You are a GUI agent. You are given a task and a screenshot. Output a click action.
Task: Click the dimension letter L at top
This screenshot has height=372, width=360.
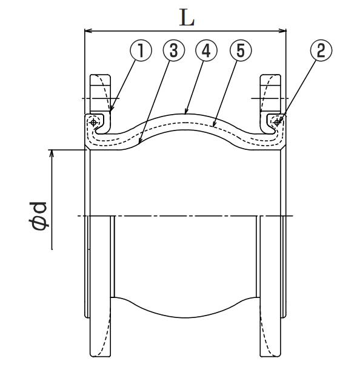[x=187, y=18]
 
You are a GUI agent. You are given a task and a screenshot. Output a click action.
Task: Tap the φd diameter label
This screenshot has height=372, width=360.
[x=38, y=216]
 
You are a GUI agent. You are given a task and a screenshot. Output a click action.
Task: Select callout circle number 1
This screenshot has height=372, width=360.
[x=141, y=50]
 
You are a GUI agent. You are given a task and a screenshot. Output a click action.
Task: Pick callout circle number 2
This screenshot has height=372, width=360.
[x=321, y=50]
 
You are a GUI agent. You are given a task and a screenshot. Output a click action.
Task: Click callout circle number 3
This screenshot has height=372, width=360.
[x=174, y=50]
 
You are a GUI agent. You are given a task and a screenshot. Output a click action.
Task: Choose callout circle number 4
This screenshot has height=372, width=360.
[x=206, y=50]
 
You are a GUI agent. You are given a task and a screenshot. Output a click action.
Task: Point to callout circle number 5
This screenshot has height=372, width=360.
[x=241, y=50]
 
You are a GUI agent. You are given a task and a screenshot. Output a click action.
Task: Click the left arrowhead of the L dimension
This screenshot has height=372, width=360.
[x=85, y=31]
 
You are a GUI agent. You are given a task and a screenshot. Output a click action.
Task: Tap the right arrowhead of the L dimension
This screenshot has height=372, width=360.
[x=286, y=31]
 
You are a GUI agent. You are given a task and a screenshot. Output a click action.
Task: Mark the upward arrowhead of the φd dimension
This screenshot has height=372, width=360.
[x=51, y=150]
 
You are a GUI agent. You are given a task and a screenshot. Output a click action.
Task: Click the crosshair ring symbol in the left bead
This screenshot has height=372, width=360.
[x=93, y=123]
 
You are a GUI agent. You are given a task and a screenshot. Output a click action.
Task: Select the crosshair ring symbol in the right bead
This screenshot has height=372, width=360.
[x=277, y=123]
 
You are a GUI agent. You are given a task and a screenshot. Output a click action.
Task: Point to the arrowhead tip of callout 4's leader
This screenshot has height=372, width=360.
[x=185, y=114]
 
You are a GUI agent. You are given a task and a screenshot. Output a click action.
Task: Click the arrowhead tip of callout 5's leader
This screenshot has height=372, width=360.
[x=213, y=127]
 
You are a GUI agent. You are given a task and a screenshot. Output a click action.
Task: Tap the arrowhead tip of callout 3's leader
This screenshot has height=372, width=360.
[x=139, y=144]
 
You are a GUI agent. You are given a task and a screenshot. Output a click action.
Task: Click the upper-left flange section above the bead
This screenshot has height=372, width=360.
[x=100, y=93]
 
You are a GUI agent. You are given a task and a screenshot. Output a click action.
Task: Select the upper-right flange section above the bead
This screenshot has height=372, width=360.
[x=271, y=93]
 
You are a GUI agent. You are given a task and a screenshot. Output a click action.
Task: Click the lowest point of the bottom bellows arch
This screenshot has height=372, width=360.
[x=186, y=317]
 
